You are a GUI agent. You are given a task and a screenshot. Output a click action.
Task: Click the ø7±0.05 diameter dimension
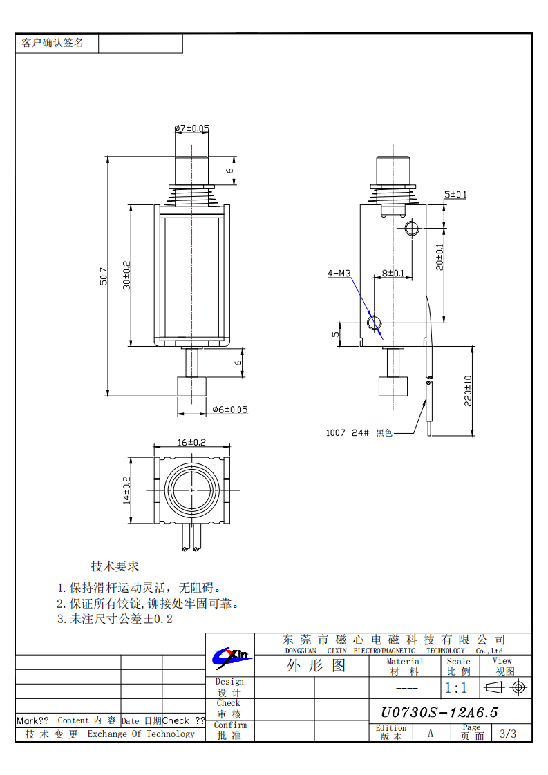click(191, 128)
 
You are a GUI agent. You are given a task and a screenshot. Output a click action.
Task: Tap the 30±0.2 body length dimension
click(126, 275)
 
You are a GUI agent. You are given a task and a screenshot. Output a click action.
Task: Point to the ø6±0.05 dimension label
click(229, 410)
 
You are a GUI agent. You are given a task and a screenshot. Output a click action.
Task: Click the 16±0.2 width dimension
click(191, 442)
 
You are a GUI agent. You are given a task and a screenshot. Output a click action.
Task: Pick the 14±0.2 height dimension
click(126, 490)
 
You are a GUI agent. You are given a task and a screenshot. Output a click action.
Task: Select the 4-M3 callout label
click(339, 274)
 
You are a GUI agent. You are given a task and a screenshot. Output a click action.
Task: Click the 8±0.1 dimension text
click(393, 274)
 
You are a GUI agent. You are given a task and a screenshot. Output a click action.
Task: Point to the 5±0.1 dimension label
click(455, 195)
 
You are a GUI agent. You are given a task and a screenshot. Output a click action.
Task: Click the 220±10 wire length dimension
click(468, 391)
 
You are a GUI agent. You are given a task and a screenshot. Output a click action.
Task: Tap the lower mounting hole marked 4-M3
click(375, 323)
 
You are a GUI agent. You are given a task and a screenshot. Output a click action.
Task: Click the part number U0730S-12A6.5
click(440, 713)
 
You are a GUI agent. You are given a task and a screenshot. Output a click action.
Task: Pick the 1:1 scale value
click(455, 688)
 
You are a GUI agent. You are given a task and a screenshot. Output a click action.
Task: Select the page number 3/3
click(507, 734)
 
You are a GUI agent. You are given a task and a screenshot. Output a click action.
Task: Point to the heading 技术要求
click(115, 566)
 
